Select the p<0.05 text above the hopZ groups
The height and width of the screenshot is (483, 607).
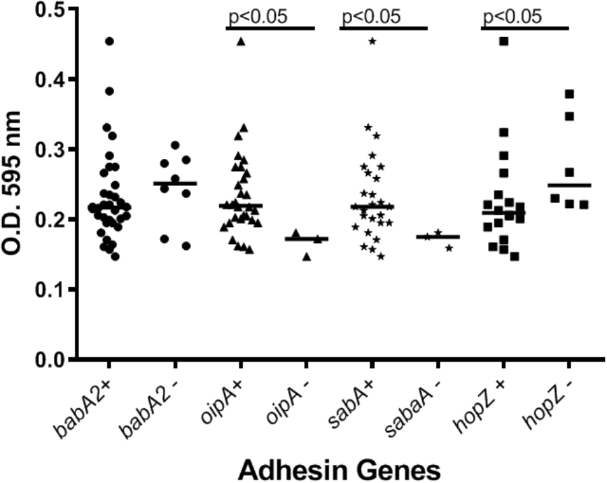point(511,16)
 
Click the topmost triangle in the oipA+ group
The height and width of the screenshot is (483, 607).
point(241,42)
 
